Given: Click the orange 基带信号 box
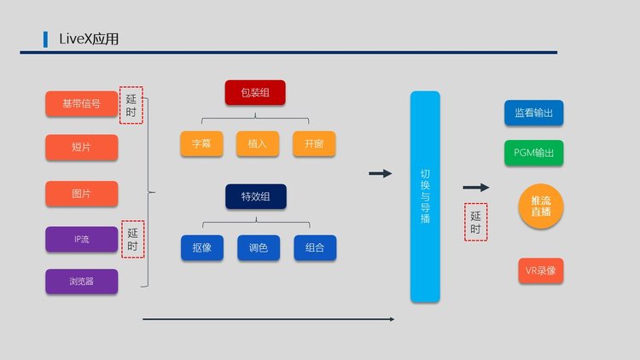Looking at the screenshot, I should pos(81,104).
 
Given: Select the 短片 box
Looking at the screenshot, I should pos(81,148).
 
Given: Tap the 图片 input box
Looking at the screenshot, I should pos(81,194).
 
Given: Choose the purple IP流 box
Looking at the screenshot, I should pos(81,239).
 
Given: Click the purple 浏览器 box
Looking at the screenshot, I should pos(81,282).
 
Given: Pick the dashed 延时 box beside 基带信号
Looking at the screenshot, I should pos(131,105).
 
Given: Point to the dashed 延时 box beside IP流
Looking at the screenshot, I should pos(133,239).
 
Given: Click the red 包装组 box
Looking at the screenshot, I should pos(254,93).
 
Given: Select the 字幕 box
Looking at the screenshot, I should pos(201,144).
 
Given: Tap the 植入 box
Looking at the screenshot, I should pos(258,144).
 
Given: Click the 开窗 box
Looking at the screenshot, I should pos(314,144).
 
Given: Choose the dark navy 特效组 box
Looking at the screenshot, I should pos(255,197).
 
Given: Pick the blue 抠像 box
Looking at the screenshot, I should pos(201,248).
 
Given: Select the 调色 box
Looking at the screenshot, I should pos(259,248).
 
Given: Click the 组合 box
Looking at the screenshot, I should pos(315,248).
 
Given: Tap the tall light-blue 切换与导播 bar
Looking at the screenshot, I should pos(425,196).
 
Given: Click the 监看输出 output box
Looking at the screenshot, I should pos(533,113).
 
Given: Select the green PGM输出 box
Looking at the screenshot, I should pos(533,153).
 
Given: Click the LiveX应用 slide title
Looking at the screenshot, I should pos(89,39).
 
